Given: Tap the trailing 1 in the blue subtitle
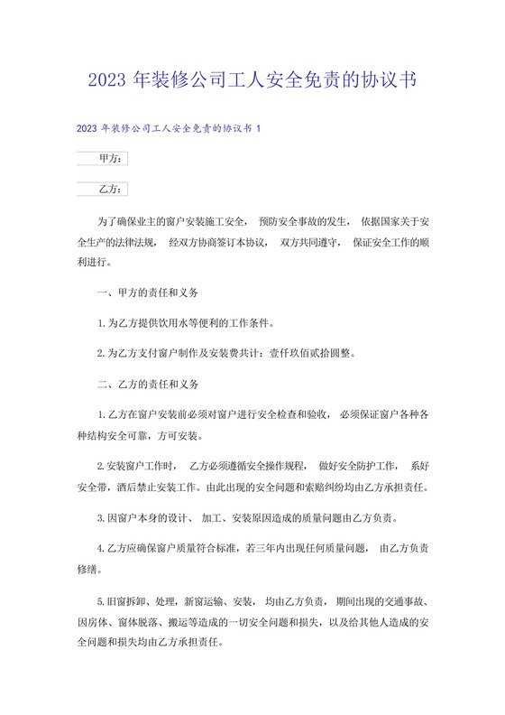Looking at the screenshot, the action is coord(258,129).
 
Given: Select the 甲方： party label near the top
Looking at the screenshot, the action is coord(111,159).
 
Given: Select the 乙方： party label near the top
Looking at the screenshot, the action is coord(111,190).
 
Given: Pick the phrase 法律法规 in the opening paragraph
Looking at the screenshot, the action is coord(127,243).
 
